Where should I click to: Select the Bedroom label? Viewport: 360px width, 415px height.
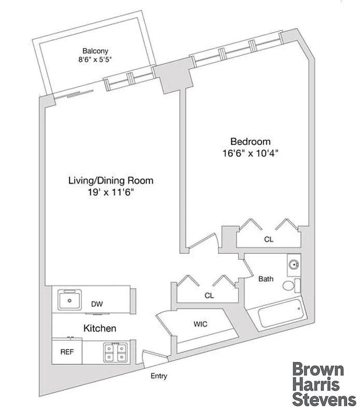click(x=251, y=142)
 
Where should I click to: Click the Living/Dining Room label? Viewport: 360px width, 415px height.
click(x=111, y=181)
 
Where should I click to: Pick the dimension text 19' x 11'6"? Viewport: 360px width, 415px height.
click(x=111, y=192)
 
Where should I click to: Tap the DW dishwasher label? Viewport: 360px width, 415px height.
click(x=97, y=304)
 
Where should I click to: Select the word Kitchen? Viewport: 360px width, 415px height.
click(x=100, y=328)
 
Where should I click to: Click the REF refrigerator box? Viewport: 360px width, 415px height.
click(x=67, y=351)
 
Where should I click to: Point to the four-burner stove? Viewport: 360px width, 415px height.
click(x=115, y=352)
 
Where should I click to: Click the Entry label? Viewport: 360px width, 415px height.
click(x=159, y=376)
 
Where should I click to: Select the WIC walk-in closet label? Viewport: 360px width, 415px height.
click(x=201, y=324)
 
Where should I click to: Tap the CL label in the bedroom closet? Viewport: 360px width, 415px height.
click(x=268, y=240)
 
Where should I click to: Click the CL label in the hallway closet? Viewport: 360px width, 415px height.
click(x=209, y=296)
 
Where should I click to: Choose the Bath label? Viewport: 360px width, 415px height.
click(x=266, y=279)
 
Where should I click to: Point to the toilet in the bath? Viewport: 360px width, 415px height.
click(x=290, y=286)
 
